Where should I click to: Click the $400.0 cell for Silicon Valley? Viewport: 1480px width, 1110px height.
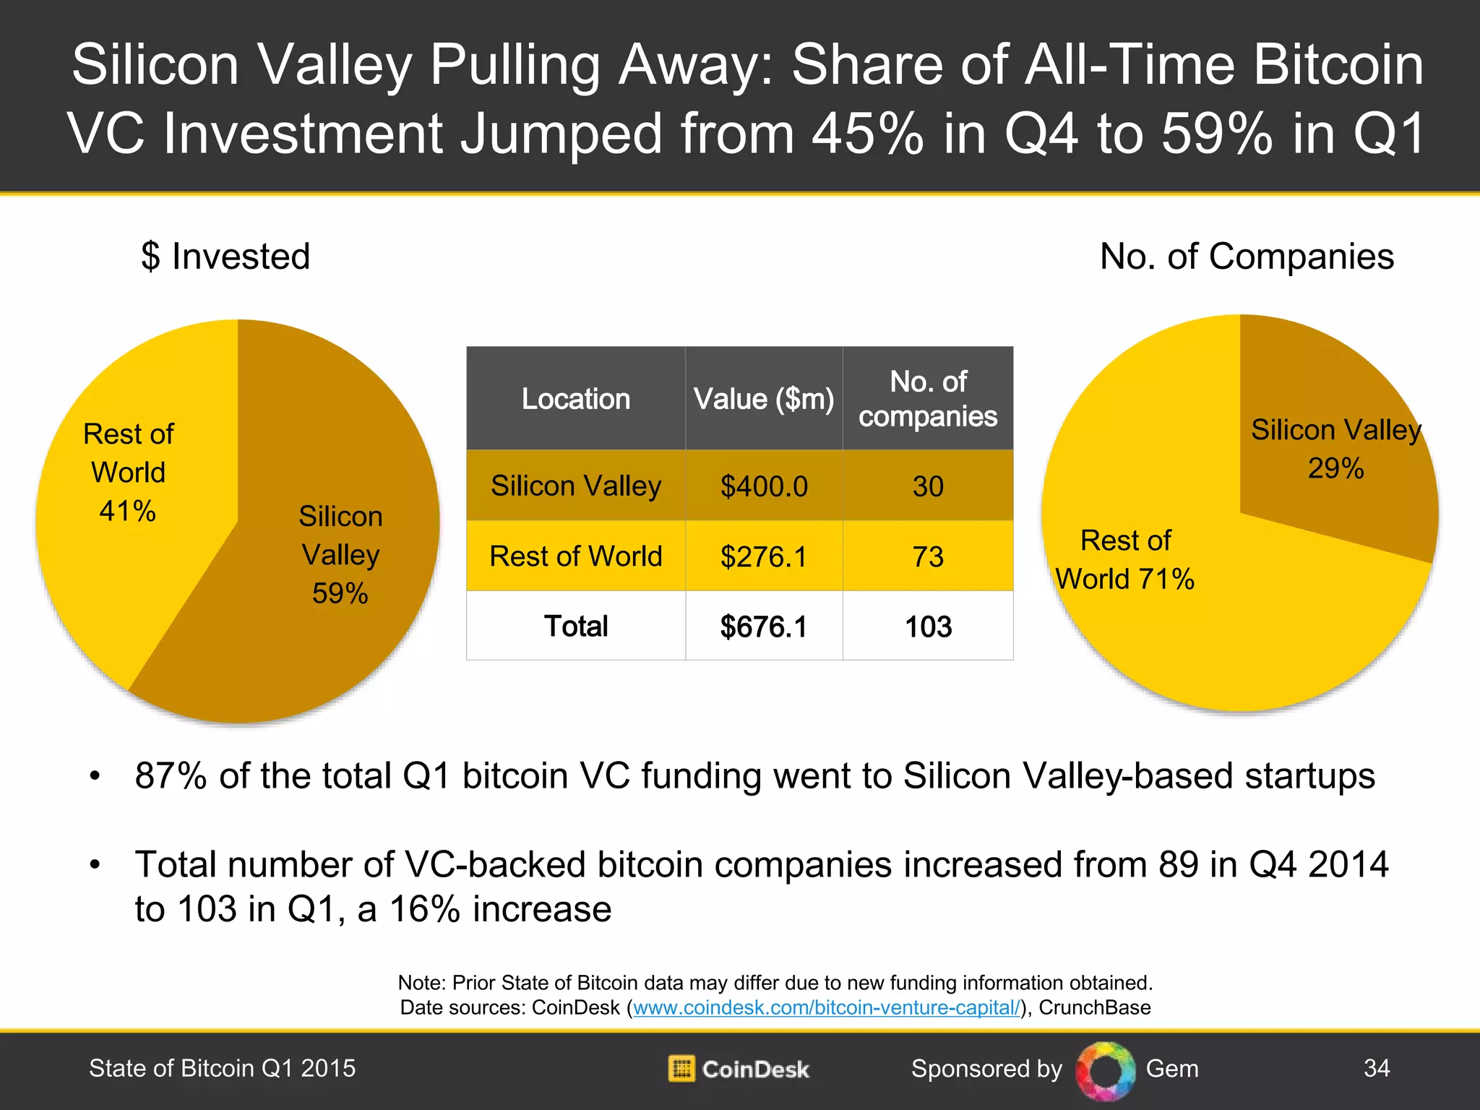764,486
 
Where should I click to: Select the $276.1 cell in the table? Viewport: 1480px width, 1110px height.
764,556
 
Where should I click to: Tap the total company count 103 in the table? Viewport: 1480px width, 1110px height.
928,627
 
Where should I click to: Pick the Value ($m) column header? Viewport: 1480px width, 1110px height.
764,399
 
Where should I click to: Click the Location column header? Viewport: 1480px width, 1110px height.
576,399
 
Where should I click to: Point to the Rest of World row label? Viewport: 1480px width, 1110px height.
576,556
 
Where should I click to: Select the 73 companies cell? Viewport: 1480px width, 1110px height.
928,556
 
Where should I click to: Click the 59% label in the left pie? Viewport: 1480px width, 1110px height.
340,593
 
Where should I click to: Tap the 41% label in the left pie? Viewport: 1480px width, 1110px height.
127,511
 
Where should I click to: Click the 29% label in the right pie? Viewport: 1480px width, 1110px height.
1335,468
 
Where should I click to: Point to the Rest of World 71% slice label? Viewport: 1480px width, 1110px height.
1125,560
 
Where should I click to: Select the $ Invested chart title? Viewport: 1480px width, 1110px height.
225,257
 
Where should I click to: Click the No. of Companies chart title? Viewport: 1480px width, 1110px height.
1247,257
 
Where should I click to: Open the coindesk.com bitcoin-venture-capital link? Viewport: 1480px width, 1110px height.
826,1007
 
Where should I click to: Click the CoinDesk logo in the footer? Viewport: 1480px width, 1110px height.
739,1069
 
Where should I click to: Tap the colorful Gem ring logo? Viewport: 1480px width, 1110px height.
1105,1070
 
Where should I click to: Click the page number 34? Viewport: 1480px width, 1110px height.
1376,1068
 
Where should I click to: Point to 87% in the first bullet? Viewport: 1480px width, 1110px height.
171,776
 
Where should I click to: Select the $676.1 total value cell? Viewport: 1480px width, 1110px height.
764,627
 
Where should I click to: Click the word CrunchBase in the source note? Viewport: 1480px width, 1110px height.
1094,1007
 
